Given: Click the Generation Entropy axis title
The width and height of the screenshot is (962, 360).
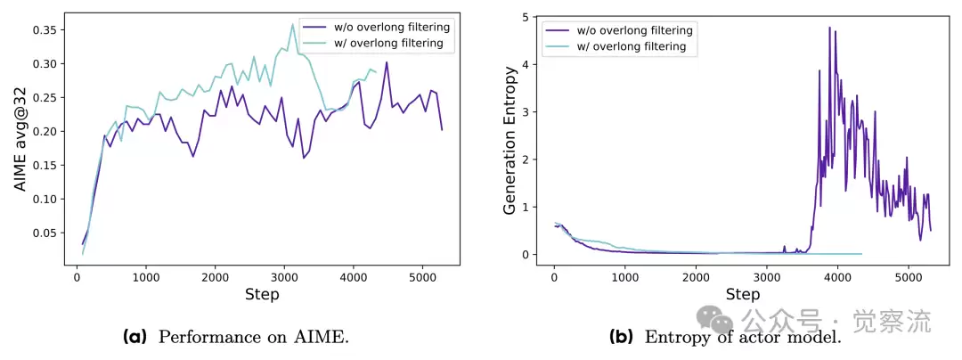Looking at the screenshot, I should [510, 140].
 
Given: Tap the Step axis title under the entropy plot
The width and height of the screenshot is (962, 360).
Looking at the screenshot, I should [742, 294].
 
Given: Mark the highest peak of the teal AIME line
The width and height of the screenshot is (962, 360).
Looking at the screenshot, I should [292, 24].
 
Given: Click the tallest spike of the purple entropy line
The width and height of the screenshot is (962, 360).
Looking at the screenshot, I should [829, 27].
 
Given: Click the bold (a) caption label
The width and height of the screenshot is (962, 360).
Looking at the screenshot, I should [135, 337].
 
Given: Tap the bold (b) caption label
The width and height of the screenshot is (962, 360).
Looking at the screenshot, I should [620, 337].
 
